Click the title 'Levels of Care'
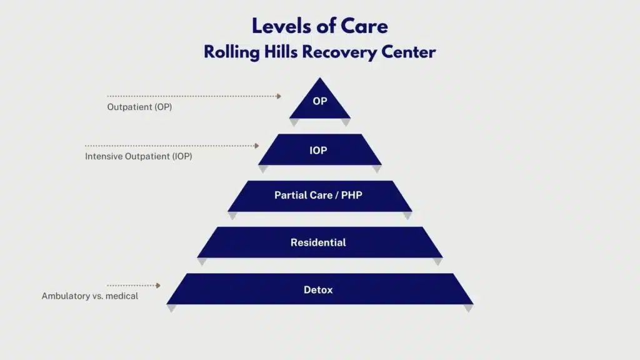coord(319,26)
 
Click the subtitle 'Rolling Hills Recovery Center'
coord(319,52)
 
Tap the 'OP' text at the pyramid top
coord(319,101)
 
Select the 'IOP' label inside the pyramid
coord(318,151)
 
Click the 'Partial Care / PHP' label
coord(318,195)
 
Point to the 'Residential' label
coord(318,242)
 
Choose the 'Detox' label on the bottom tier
coord(318,290)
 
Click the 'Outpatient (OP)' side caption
coord(139,107)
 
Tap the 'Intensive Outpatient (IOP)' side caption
coord(138,157)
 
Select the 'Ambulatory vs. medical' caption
coord(90,296)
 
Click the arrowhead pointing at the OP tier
coord(279,96)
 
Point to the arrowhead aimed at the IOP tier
coord(256,146)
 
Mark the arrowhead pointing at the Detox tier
coord(158,285)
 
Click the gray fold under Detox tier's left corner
coord(172,308)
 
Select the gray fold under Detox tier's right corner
coord(468,308)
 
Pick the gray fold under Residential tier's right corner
coord(437,261)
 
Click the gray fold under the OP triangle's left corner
coord(294,122)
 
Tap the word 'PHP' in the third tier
coord(351,195)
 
